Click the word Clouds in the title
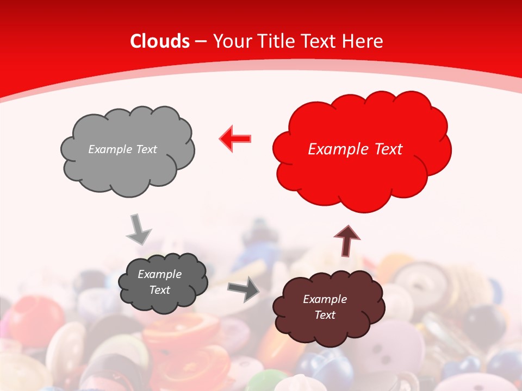click(x=160, y=41)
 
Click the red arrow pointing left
click(x=235, y=138)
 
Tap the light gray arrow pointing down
click(x=138, y=229)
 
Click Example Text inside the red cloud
click(x=355, y=149)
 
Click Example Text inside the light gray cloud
click(x=122, y=149)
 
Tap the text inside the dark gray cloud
click(x=160, y=282)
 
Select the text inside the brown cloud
click(x=325, y=307)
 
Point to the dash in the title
click(x=201, y=41)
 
